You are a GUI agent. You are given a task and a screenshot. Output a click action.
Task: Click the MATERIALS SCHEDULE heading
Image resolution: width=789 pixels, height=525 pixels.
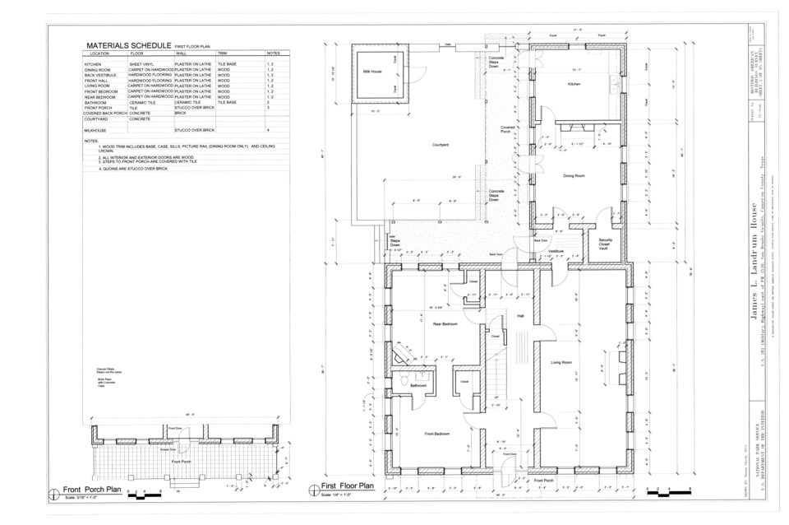click(128, 45)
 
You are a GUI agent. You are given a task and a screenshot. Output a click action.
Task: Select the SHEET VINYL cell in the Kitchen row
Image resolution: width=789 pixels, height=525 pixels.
click(141, 63)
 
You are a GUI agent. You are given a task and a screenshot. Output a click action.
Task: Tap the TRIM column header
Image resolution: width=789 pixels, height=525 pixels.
click(222, 53)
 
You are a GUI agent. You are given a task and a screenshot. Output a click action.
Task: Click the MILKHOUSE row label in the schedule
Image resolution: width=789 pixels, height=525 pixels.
click(95, 130)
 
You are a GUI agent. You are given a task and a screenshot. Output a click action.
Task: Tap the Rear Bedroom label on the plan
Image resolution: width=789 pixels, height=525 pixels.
click(445, 324)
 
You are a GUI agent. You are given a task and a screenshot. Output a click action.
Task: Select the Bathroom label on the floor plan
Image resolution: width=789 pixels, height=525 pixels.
click(418, 385)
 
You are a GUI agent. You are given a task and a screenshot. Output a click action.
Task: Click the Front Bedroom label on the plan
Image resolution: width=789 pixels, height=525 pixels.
click(436, 434)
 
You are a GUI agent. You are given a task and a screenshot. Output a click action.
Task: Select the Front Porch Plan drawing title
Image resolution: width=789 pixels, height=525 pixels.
click(92, 490)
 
